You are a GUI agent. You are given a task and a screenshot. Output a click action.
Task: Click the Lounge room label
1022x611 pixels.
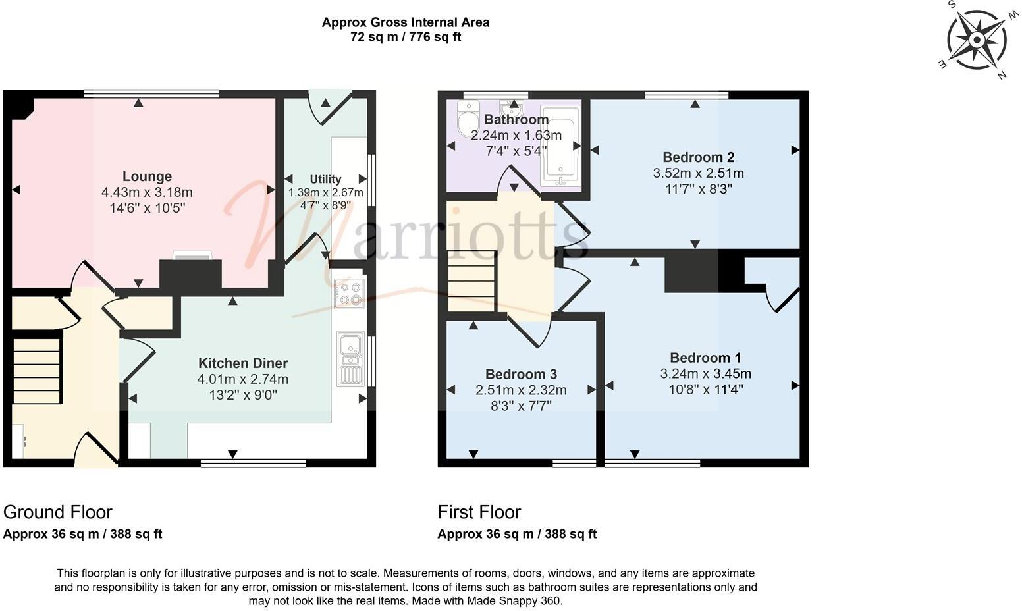click(x=147, y=176)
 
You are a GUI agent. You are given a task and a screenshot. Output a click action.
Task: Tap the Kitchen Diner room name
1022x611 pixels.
click(x=243, y=363)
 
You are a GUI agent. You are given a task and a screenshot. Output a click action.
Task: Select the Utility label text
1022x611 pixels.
click(x=325, y=180)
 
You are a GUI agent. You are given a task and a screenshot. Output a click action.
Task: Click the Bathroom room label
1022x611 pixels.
click(x=516, y=120)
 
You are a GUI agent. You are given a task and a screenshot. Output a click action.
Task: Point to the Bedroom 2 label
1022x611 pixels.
click(x=698, y=157)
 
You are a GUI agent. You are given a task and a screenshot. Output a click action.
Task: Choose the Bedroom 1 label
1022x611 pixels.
click(x=705, y=358)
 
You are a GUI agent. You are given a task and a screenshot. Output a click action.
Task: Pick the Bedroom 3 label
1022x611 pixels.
click(x=521, y=374)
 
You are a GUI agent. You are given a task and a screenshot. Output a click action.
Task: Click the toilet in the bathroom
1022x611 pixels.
click(x=468, y=117)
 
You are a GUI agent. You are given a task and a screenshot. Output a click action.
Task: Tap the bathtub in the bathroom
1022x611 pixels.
click(x=560, y=146)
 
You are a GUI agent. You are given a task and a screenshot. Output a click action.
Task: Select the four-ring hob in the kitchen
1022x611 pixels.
click(x=348, y=294)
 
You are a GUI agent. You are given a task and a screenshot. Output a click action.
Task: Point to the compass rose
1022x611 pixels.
click(x=977, y=41)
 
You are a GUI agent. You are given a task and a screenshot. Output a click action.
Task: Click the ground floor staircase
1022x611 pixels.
click(x=37, y=369)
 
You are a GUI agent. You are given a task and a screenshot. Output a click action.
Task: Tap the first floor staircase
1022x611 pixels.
click(x=471, y=281)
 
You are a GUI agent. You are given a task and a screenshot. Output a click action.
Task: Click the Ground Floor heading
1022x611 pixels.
click(x=58, y=512)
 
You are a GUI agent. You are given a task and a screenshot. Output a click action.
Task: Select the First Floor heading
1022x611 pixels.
click(x=479, y=512)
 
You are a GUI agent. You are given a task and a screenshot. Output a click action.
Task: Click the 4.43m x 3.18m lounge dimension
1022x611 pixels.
click(x=147, y=193)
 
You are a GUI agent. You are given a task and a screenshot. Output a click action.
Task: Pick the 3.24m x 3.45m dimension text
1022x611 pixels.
click(x=705, y=374)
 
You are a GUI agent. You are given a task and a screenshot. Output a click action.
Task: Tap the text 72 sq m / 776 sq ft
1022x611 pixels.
click(x=405, y=38)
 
